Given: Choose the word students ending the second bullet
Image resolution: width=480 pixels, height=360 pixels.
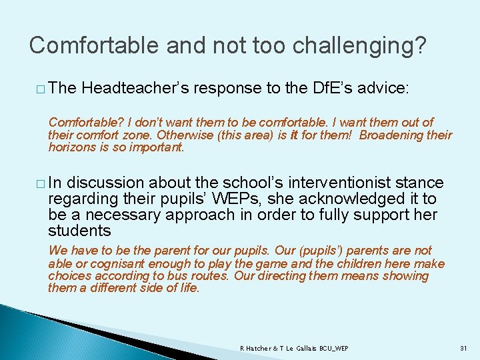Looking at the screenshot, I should [x=79, y=231].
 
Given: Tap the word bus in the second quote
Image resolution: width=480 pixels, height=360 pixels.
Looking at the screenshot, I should [x=177, y=275].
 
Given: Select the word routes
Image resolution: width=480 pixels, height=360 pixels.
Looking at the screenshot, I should [x=210, y=275].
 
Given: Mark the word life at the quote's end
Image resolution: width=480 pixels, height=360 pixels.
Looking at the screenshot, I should [x=188, y=288].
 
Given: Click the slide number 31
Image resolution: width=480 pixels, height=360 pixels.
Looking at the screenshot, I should [x=464, y=349].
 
